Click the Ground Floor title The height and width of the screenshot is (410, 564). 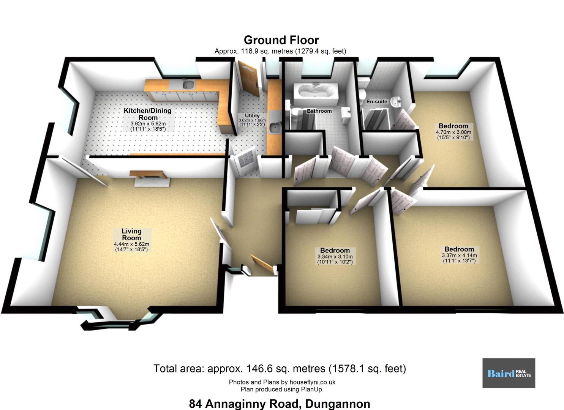tap(281, 40)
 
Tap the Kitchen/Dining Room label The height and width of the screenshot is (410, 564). tap(148, 114)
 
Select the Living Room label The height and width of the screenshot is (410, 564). tap(131, 234)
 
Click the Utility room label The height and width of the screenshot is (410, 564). tap(252, 115)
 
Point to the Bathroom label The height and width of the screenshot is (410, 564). tap(319, 111)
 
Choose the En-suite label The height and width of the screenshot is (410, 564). tap(377, 101)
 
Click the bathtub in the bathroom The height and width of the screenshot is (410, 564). tap(316, 94)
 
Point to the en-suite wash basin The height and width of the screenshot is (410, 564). tap(397, 102)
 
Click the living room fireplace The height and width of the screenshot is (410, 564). tap(150, 178)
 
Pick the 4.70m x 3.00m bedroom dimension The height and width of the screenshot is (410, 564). tap(453, 132)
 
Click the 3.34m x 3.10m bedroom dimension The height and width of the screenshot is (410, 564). tap(335, 257)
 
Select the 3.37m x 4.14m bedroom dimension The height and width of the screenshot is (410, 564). tap(459, 255)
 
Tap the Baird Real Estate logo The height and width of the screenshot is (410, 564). tap(509, 373)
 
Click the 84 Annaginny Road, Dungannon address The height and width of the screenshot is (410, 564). tap(280, 404)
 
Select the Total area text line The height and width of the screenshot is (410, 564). tap(280, 369)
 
